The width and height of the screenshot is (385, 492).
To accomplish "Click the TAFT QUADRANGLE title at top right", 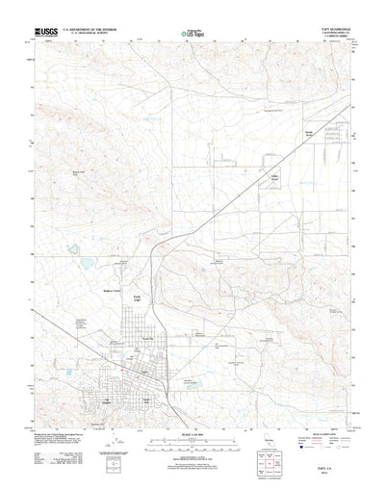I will tap(329, 29).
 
